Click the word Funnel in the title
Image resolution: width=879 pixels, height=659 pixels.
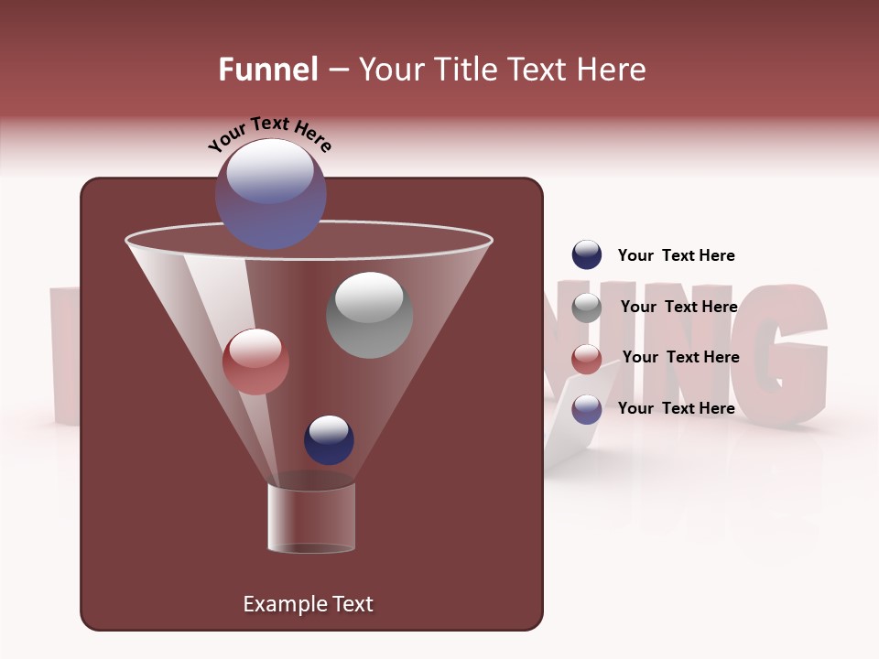[x=267, y=70]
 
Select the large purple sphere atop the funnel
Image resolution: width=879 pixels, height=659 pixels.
[x=270, y=194]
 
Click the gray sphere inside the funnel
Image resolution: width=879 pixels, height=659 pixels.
[x=369, y=315]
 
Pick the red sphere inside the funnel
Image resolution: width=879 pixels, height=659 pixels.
[x=255, y=362]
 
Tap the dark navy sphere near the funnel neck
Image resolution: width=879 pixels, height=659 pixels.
[x=329, y=439]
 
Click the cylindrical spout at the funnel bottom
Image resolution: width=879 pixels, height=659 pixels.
[x=311, y=518]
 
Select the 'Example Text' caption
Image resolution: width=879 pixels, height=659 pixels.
[x=308, y=604]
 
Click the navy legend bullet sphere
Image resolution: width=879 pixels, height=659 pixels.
[x=587, y=254]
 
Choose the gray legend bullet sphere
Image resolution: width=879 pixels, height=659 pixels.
[x=587, y=308]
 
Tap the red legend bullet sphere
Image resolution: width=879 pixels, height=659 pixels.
[x=587, y=359]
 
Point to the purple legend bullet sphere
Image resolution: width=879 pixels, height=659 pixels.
[x=587, y=409]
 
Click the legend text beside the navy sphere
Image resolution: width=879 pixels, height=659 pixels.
[x=676, y=255]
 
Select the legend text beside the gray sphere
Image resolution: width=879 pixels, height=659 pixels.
[x=678, y=307]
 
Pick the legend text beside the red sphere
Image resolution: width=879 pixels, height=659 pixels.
[x=680, y=357]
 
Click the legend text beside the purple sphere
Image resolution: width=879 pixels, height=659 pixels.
[x=676, y=408]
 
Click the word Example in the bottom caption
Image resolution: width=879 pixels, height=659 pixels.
[x=278, y=604]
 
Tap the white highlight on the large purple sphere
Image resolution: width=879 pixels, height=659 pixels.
[x=269, y=170]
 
